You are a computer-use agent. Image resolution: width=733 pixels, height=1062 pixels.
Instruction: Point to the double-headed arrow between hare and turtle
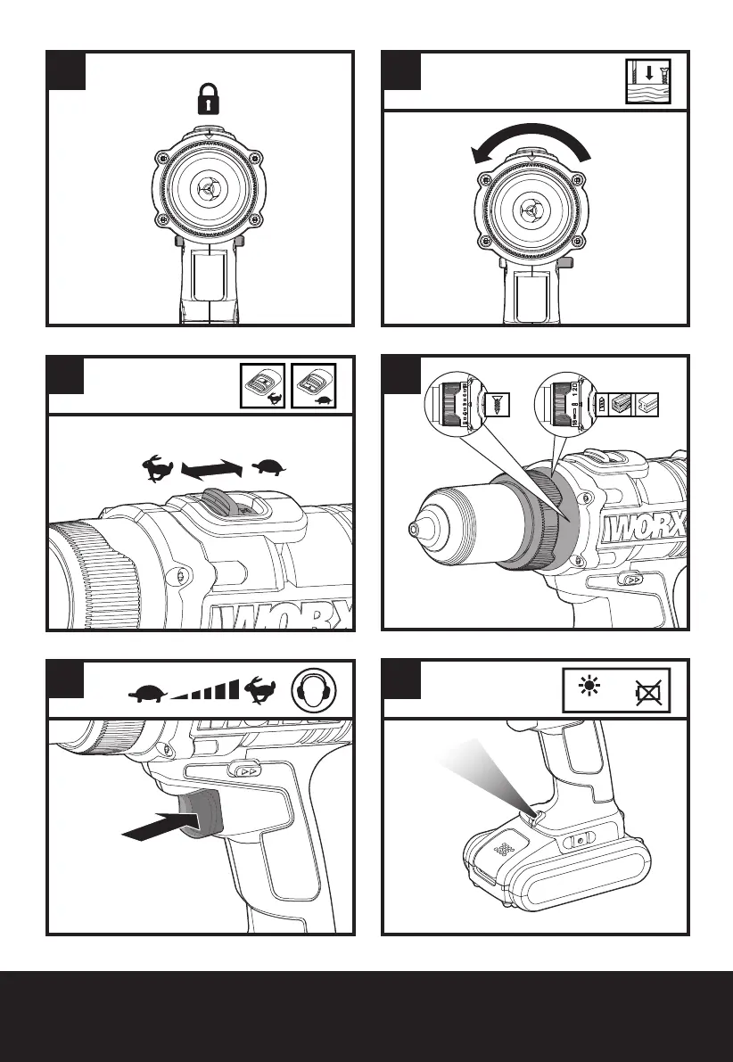[211, 467]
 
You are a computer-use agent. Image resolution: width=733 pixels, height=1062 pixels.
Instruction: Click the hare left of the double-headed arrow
[161, 469]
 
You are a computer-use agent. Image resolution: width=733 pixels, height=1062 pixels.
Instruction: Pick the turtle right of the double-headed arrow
[271, 466]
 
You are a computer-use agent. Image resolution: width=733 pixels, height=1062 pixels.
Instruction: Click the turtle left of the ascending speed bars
[148, 691]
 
